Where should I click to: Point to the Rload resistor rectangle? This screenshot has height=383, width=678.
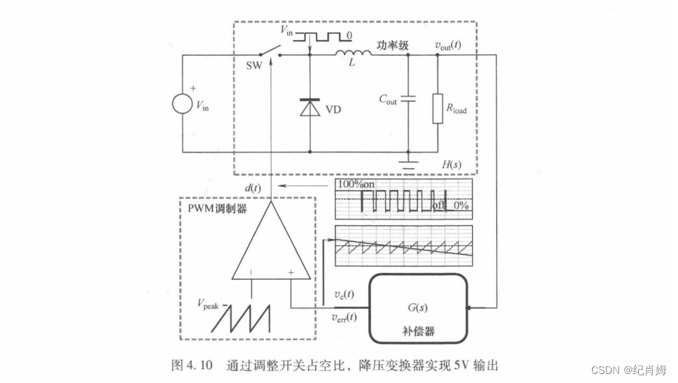coord(438,108)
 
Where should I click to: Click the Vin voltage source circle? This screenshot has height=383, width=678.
coord(183,102)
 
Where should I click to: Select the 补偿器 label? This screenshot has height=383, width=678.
coord(417,331)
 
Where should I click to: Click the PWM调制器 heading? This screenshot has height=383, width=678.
coord(217,208)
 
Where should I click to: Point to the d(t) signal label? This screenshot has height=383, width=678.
coord(253,186)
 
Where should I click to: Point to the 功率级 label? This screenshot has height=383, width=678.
coord(393,45)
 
